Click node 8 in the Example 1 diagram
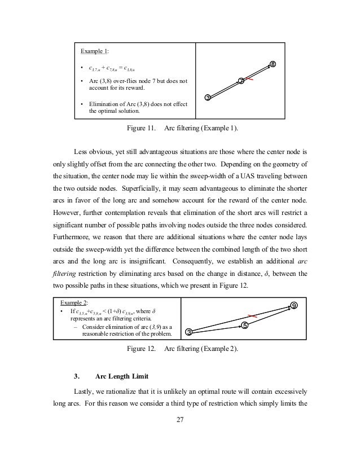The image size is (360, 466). tap(273, 64)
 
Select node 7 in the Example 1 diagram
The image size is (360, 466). tap(241, 81)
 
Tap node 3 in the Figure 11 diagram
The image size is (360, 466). tap(208, 98)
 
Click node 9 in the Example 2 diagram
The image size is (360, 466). tap(294, 305)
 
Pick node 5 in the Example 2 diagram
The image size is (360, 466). tap(245, 325)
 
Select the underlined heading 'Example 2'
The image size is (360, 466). tap(71, 302)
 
